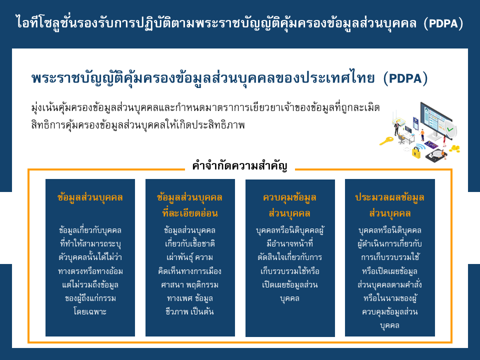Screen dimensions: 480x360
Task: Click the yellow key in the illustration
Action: click(386, 141)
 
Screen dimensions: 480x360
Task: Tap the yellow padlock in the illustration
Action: click(415, 152)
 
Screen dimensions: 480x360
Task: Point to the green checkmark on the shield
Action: click(449, 129)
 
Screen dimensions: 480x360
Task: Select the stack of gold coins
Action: click(454, 149)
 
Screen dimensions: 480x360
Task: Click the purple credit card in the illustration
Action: click(431, 144)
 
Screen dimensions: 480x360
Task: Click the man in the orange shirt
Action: click(422, 134)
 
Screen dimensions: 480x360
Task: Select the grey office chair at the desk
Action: click(401, 138)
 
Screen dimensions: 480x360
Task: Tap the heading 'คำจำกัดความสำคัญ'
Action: click(239, 165)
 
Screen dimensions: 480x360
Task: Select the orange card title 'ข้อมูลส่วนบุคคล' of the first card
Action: click(90, 197)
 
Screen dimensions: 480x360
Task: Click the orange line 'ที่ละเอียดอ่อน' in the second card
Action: click(190, 213)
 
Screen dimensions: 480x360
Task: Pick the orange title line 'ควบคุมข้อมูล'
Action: click(289, 197)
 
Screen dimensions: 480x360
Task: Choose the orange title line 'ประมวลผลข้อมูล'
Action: click(389, 197)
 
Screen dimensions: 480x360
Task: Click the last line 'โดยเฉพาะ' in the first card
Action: click(90, 311)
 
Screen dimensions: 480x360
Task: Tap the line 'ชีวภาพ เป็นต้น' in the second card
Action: click(190, 311)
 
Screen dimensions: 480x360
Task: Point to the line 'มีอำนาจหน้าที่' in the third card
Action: click(290, 243)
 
